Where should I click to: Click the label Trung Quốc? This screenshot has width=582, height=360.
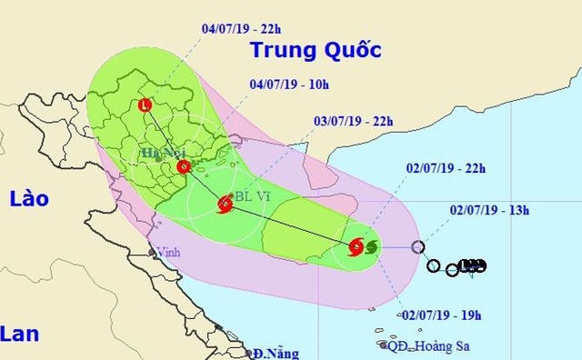click(x=315, y=49)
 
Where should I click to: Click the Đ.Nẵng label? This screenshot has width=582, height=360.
click(x=276, y=353)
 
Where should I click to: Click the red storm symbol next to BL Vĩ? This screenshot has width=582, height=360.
click(x=225, y=206)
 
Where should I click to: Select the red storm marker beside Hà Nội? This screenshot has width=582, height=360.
click(x=184, y=166)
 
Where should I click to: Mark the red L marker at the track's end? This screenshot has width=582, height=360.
click(x=145, y=105)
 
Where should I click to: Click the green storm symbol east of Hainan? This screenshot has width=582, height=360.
click(x=370, y=246)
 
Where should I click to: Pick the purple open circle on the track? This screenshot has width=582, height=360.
click(x=417, y=246)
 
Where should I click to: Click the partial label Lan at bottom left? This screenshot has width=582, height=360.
click(x=20, y=335)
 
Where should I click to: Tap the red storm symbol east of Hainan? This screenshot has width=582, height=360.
click(x=356, y=246)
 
